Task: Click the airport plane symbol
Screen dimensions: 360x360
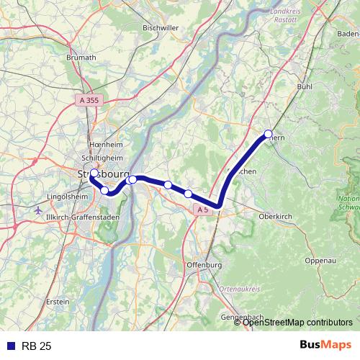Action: tap(37, 210)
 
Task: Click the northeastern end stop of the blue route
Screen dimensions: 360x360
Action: tap(268, 134)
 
